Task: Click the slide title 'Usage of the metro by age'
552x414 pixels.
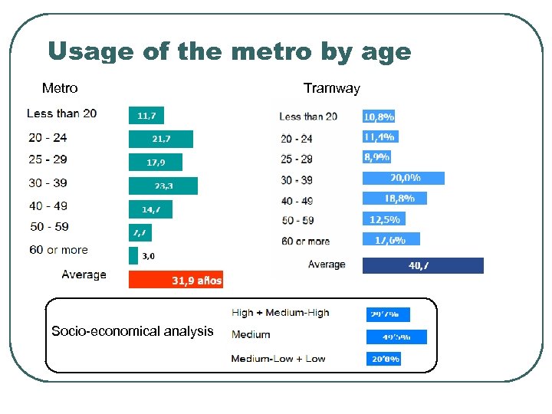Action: click(229, 52)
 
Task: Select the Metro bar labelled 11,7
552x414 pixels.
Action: click(146, 116)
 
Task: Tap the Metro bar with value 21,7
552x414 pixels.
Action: click(160, 139)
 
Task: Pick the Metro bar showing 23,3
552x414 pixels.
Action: click(163, 186)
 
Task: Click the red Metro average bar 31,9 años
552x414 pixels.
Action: click(176, 281)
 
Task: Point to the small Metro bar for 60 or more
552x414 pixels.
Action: click(133, 255)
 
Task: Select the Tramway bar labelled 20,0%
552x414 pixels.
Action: click(403, 178)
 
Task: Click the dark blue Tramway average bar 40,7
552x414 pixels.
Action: click(422, 265)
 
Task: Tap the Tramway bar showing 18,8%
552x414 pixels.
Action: click(394, 198)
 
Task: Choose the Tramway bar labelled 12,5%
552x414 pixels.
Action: click(383, 219)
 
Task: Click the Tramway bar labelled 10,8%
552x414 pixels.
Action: click(379, 117)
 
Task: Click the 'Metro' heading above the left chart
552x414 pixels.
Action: click(60, 88)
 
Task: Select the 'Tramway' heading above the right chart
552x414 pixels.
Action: click(331, 88)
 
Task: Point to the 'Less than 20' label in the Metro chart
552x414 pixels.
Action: click(61, 113)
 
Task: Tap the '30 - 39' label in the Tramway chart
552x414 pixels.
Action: click(297, 180)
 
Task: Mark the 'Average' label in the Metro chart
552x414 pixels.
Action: click(84, 274)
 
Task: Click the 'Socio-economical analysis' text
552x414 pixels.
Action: click(132, 331)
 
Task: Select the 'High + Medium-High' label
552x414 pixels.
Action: click(280, 312)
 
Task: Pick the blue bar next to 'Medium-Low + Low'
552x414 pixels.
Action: click(383, 358)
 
